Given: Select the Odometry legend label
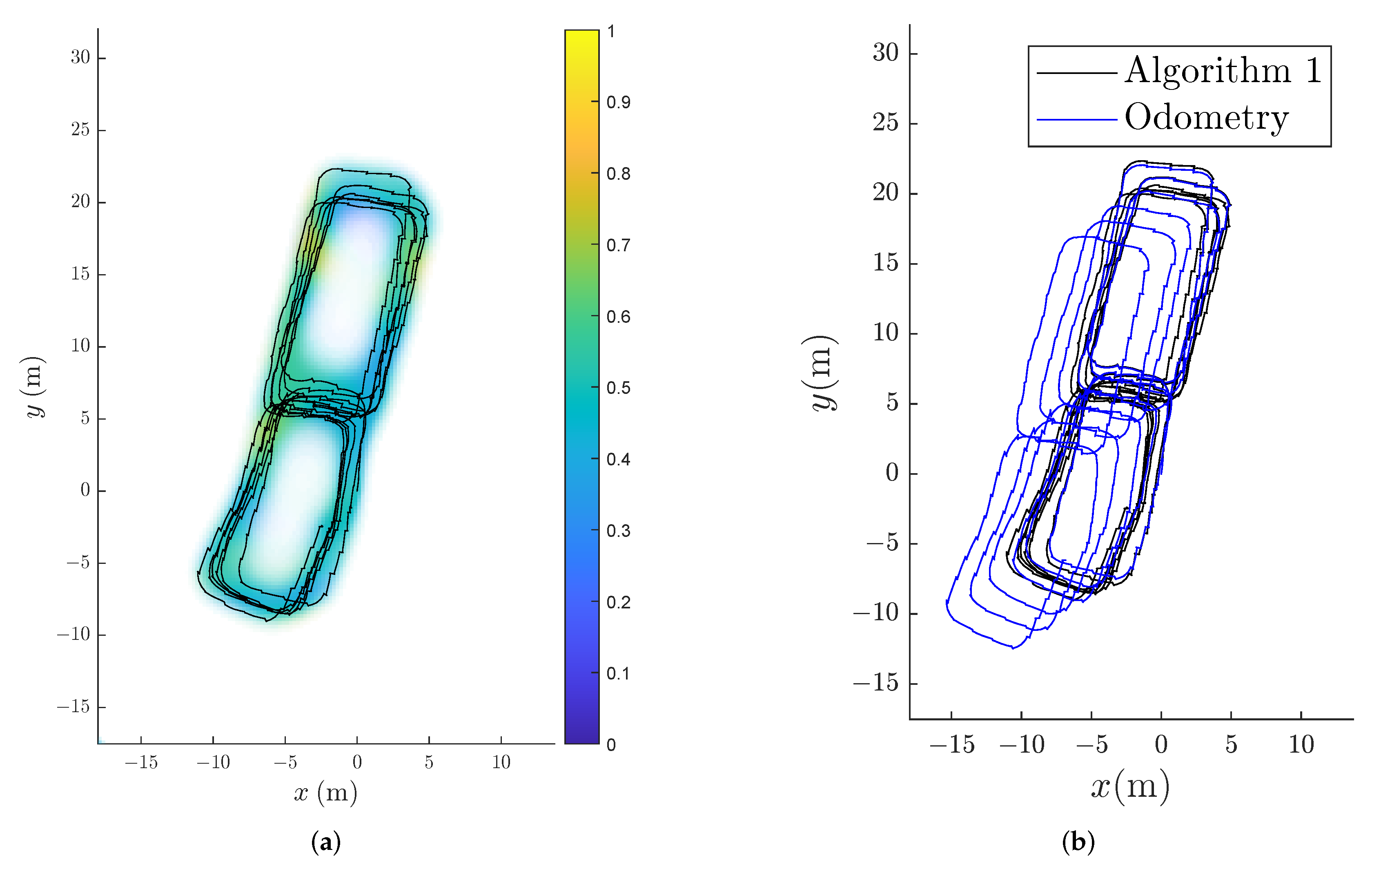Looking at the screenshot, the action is point(1207,118).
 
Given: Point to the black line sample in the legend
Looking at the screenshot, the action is point(1076,73).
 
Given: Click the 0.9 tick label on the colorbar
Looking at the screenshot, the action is point(618,102).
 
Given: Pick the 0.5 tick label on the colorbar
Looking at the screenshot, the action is point(618,388).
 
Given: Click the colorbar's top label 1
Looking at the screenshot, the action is point(611,31).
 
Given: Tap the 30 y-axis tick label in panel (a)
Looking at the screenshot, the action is point(80,57).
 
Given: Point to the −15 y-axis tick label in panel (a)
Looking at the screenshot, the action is point(74,706).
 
